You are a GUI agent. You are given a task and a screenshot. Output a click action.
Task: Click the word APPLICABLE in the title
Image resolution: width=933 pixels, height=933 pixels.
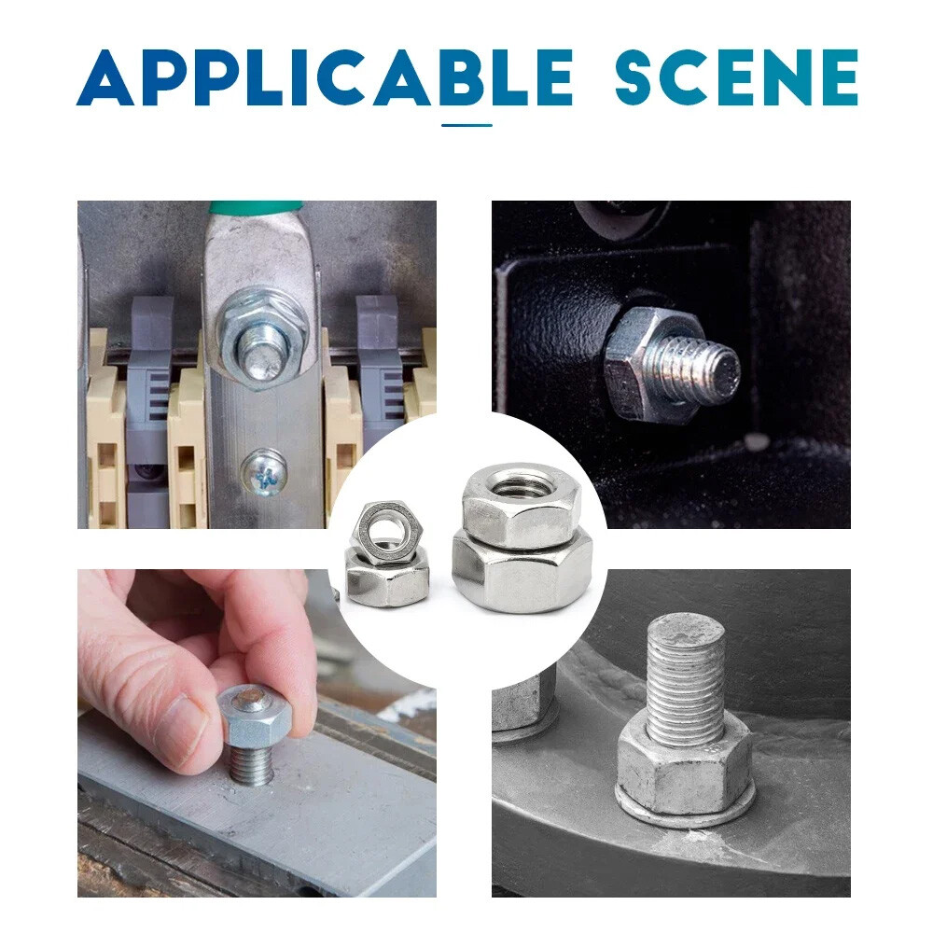click(x=325, y=78)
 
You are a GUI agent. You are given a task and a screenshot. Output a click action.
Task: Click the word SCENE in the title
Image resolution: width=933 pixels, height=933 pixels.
click(x=736, y=78)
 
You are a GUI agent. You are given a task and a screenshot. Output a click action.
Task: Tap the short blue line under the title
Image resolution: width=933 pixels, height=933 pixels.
click(x=466, y=126)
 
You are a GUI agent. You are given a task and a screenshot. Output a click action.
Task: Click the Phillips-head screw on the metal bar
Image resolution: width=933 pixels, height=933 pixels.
click(x=264, y=473)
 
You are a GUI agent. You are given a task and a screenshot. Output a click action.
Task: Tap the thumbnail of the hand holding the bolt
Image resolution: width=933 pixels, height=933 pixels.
click(x=258, y=733)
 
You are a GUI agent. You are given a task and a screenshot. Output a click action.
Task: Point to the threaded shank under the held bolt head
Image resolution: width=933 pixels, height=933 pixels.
click(x=252, y=765)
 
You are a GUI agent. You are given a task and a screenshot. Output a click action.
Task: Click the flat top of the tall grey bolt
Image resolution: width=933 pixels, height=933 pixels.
click(x=686, y=633)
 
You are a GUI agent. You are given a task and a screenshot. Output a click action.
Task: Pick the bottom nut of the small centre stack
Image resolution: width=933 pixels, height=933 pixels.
click(x=387, y=578)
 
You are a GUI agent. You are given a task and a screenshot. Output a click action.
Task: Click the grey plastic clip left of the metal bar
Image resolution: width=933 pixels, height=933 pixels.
click(x=147, y=381)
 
